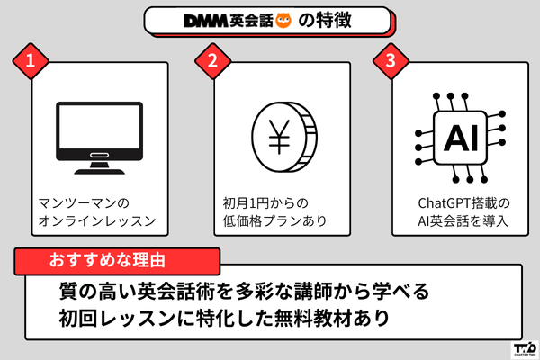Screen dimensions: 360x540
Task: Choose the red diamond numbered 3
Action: [x=390, y=62]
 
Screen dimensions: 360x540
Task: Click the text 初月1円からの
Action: [x=265, y=202]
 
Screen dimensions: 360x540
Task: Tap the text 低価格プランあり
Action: [x=272, y=221]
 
